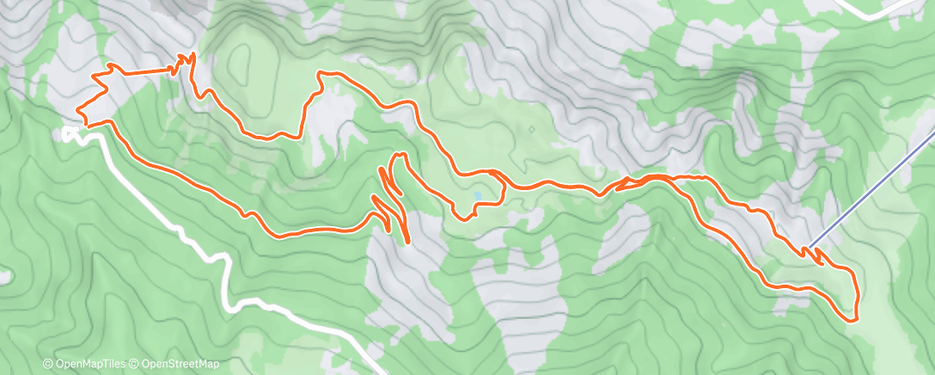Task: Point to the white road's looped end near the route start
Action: click(x=69, y=133)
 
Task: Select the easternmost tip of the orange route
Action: click(x=858, y=297)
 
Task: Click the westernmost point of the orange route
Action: click(x=77, y=111)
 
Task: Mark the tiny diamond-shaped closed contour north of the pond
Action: click(x=531, y=130)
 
